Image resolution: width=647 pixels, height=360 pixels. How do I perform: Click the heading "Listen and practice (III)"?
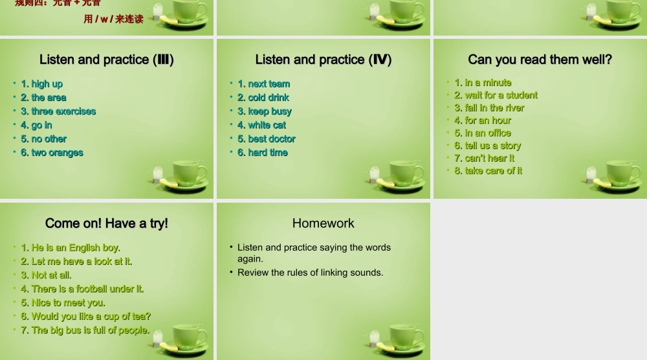pyautogui.click(x=107, y=60)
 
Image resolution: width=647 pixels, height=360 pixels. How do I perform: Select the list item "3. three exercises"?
pyautogui.click(x=58, y=111)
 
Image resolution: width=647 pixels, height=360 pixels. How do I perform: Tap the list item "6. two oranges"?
pyautogui.click(x=52, y=153)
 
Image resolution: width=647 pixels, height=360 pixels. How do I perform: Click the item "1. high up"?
pyautogui.click(x=42, y=84)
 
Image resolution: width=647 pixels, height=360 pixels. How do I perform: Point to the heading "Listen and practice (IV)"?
pyautogui.click(x=323, y=60)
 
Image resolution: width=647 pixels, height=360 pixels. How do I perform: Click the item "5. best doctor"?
pyautogui.click(x=267, y=139)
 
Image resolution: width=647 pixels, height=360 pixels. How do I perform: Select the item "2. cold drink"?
pyautogui.click(x=263, y=98)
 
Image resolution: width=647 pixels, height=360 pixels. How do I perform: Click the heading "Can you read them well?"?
pyautogui.click(x=540, y=60)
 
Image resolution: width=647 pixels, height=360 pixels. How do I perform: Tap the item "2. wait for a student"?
pyautogui.click(x=496, y=95)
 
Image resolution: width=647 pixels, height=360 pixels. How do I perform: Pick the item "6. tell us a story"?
pyautogui.click(x=487, y=146)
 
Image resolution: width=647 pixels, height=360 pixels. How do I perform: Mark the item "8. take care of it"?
pyautogui.click(x=488, y=171)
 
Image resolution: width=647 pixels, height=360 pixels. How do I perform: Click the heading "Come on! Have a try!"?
pyautogui.click(x=107, y=223)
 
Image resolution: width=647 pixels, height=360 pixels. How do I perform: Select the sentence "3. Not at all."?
pyautogui.click(x=46, y=275)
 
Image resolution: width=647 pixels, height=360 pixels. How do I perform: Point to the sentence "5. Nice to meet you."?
pyautogui.click(x=63, y=302)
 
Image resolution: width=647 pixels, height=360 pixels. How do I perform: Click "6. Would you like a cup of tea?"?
pyautogui.click(x=85, y=317)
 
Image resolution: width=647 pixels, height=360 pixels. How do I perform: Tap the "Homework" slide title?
pyautogui.click(x=323, y=223)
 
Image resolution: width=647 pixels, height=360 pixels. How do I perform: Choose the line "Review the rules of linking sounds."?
pyautogui.click(x=310, y=273)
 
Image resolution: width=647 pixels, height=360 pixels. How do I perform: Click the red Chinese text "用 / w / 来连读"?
pyautogui.click(x=113, y=19)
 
